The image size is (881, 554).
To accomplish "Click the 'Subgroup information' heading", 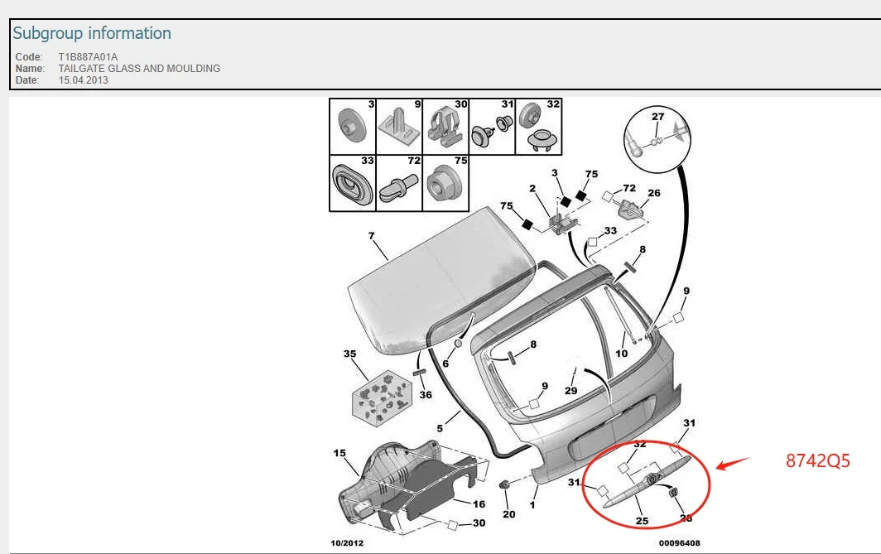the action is (92, 33).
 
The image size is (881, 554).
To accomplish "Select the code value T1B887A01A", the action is (89, 57).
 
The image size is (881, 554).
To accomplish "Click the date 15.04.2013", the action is (83, 79).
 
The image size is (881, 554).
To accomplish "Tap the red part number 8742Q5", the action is (817, 460).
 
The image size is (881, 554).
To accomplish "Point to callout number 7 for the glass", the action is (372, 236).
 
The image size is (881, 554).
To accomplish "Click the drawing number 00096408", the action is (679, 542).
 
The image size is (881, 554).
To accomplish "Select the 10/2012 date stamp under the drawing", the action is (347, 542).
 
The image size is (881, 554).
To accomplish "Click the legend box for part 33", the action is (352, 183).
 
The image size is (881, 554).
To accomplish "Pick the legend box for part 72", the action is (399, 183).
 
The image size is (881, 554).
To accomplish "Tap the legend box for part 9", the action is (399, 127).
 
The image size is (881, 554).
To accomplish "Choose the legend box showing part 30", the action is (445, 127).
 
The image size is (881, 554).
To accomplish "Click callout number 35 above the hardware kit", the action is (349, 354).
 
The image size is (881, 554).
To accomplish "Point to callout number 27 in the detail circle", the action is (658, 117).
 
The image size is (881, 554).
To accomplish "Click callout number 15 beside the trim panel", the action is (339, 453).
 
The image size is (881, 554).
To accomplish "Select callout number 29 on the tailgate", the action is (570, 391).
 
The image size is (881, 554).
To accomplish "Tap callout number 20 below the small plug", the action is (509, 514).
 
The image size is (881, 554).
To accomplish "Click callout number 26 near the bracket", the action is (654, 193).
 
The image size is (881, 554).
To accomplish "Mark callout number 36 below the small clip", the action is (426, 395).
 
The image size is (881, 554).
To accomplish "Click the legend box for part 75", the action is (445, 183).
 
